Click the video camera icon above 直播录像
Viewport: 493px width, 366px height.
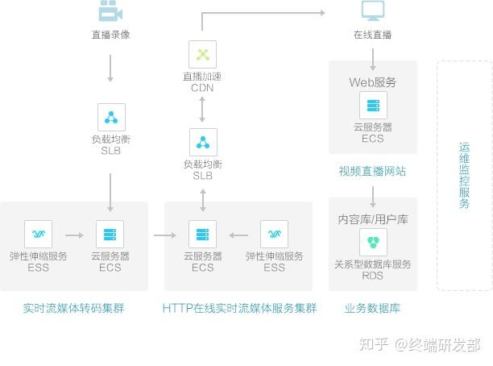110,11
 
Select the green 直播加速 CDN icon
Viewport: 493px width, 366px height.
202,55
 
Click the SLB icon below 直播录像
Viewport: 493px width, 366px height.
110,117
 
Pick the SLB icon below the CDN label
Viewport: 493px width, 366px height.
202,142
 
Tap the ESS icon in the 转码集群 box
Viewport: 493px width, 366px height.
39,234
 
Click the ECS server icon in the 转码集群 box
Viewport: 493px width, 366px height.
110,234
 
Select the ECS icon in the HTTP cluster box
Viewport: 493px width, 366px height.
202,234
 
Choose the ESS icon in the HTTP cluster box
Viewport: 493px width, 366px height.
274,234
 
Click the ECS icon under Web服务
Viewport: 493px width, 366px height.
373,105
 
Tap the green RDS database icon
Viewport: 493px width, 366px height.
373,242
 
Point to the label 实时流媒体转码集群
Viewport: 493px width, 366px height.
74,308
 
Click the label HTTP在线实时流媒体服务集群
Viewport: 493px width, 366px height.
239,308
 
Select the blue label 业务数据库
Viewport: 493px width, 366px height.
372,308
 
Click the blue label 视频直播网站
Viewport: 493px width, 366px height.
372,171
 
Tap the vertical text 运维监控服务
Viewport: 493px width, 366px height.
464,175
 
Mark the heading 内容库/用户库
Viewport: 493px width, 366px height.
373,218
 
